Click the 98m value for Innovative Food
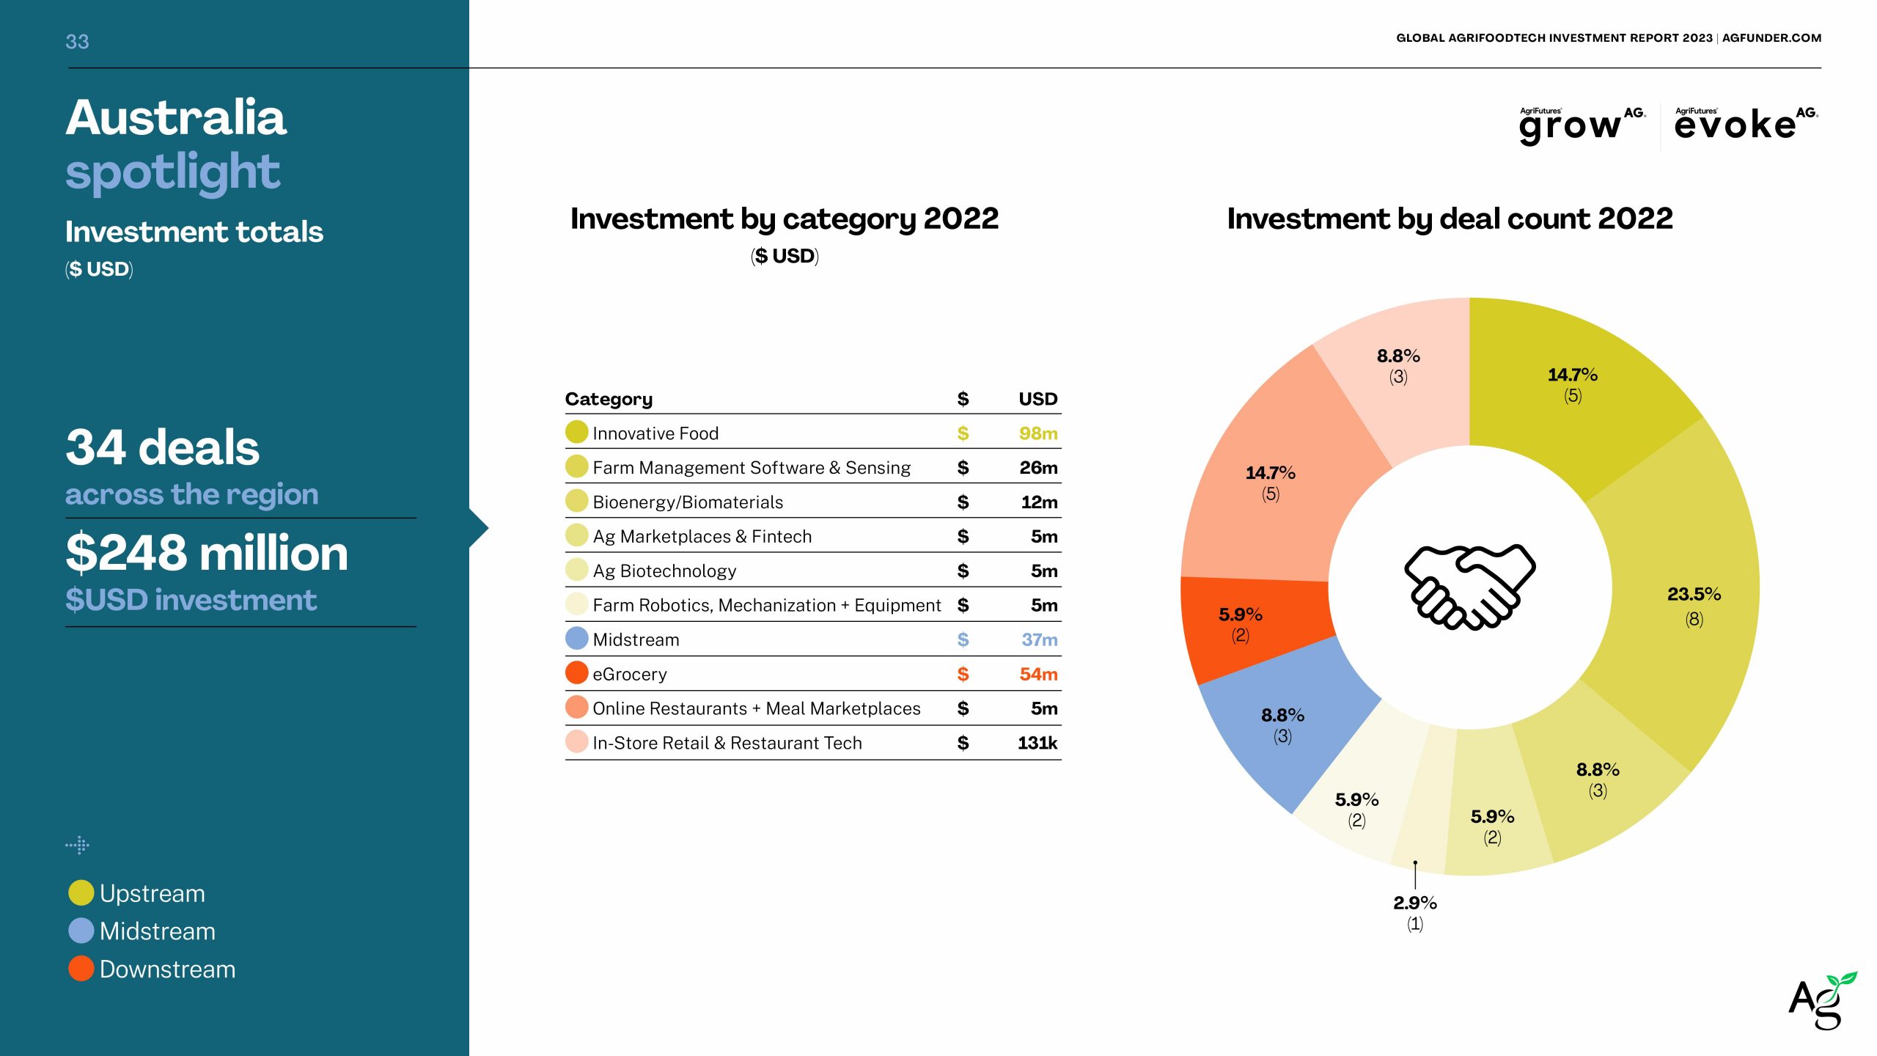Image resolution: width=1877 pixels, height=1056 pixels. pyautogui.click(x=1037, y=433)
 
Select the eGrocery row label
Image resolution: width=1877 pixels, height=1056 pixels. pyautogui.click(x=629, y=674)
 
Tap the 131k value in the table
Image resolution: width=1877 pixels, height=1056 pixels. pyautogui.click(x=1037, y=743)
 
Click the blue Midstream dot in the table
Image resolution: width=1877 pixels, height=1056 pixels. pyautogui.click(x=577, y=638)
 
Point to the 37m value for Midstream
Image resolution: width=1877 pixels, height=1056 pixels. pyautogui.click(x=1039, y=639)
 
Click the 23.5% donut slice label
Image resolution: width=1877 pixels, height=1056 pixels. pyautogui.click(x=1694, y=594)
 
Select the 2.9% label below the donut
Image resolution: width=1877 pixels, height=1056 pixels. pyautogui.click(x=1414, y=903)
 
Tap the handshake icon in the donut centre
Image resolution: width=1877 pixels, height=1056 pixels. pyautogui.click(x=1469, y=587)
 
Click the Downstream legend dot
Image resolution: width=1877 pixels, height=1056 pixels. pyautogui.click(x=81, y=969)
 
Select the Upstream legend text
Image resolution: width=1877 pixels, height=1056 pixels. pyautogui.click(x=152, y=893)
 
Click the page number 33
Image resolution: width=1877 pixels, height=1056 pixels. pyautogui.click(x=77, y=42)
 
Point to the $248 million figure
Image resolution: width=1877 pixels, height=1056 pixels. pyautogui.click(x=207, y=553)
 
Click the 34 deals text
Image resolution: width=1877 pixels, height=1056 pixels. pyautogui.click(x=162, y=447)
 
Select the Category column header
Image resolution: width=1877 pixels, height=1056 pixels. pyautogui.click(x=609, y=399)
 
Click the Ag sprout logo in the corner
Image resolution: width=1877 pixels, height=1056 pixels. pyautogui.click(x=1821, y=1001)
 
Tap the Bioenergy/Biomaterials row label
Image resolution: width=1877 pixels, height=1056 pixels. pyautogui.click(x=687, y=502)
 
